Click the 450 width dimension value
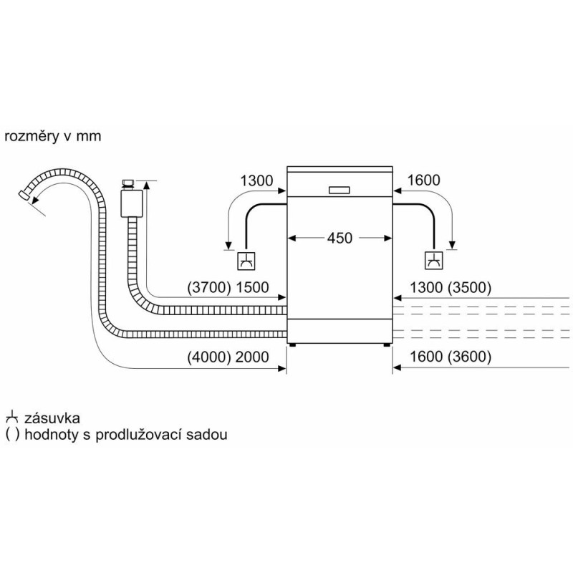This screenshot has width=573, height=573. (340, 238)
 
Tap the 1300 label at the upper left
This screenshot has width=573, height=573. (256, 181)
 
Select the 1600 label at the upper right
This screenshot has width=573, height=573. (423, 181)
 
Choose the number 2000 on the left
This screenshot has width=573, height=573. (251, 357)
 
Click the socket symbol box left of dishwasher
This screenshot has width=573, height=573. (245, 262)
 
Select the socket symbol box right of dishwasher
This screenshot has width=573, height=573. (434, 262)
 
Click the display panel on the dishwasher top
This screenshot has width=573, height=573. (340, 190)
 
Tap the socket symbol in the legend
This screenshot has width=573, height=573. (11, 418)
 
